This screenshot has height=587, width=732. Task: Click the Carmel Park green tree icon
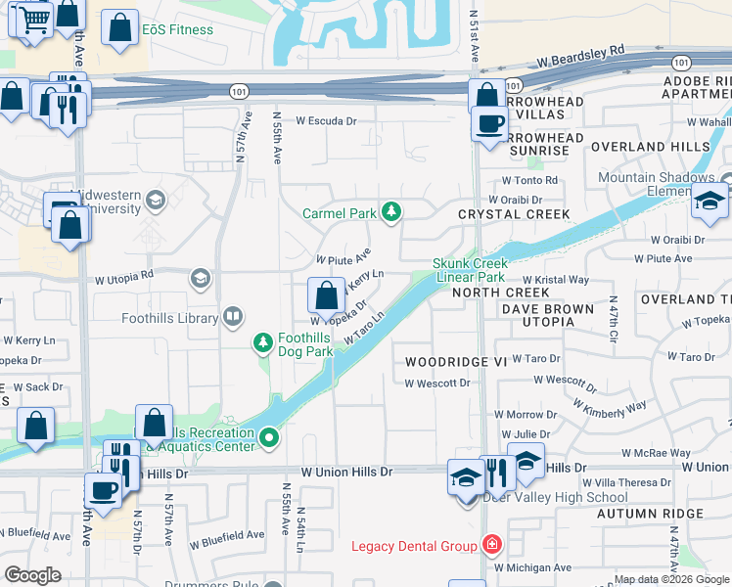pos(391,212)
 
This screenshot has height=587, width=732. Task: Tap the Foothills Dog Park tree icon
pos(262,341)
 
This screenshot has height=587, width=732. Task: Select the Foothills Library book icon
pos(232,316)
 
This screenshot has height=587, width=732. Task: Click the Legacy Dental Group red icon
pos(491,545)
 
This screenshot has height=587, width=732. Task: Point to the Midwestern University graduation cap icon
pos(155,202)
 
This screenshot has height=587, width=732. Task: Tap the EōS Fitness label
pos(177,29)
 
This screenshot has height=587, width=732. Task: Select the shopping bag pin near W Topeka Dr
pos(326,293)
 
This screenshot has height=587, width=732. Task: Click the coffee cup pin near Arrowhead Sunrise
pos(489,124)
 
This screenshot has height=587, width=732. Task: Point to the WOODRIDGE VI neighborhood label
pos(457,362)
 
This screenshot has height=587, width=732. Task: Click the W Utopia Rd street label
pos(124,279)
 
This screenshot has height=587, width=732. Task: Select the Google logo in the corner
pos(33,574)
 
